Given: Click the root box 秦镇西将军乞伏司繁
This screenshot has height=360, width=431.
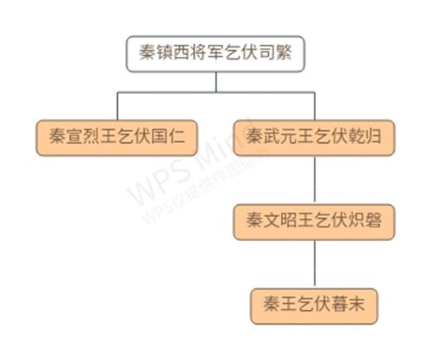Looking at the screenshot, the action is [x=215, y=53].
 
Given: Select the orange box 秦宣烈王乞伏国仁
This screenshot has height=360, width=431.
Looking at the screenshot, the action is [x=116, y=138].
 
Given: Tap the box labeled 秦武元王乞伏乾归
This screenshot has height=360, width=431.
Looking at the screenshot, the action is [x=315, y=138].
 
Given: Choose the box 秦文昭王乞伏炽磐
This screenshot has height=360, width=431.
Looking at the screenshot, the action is [x=315, y=222].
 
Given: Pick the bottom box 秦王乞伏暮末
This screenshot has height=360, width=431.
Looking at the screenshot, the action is [x=314, y=307].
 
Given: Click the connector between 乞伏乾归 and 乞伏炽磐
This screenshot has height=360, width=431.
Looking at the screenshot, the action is [x=315, y=180].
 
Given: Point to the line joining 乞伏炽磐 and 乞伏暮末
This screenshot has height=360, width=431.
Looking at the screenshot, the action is [x=315, y=264].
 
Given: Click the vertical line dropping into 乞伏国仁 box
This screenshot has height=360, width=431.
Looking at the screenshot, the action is [x=117, y=106].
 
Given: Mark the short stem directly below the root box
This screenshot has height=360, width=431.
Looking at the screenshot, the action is [x=216, y=82].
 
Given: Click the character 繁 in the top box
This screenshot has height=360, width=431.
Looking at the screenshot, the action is [x=284, y=53].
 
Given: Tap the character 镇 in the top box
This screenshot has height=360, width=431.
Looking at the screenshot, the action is [x=165, y=53].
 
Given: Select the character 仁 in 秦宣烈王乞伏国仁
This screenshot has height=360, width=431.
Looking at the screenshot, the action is [x=177, y=136].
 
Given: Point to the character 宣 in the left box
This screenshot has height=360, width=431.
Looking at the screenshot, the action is [x=74, y=136].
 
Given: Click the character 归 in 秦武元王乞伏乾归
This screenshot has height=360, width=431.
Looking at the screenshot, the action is [x=373, y=136].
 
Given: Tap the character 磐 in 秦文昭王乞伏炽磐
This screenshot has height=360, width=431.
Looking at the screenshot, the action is [x=373, y=220].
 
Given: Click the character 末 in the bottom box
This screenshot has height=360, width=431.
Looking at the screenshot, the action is [x=357, y=304].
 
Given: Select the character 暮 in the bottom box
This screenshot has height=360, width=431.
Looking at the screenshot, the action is [x=340, y=304].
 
